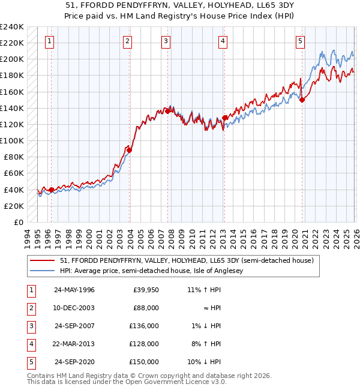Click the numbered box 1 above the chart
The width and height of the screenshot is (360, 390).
(49, 41)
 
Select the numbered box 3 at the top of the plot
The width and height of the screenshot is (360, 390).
(166, 41)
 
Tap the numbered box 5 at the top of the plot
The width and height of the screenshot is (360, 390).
(300, 41)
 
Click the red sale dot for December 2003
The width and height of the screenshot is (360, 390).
(129, 151)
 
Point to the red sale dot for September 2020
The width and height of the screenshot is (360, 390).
(302, 100)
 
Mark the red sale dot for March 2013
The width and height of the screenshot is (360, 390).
(224, 118)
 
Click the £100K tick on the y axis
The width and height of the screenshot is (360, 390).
(12, 140)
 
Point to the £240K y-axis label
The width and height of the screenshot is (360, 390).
(12, 27)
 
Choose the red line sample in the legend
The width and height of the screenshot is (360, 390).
(43, 260)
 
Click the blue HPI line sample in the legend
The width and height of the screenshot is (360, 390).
(43, 271)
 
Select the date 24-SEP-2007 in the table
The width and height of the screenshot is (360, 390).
(76, 326)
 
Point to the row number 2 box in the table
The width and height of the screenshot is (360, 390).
(29, 308)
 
